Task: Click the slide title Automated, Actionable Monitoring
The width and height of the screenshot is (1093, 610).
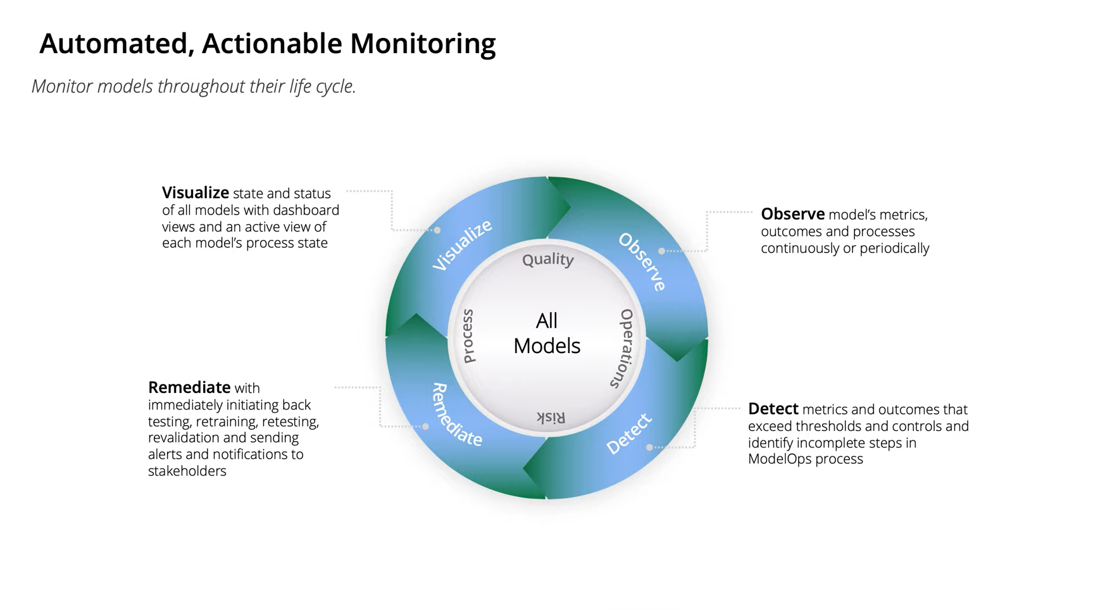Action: (267, 44)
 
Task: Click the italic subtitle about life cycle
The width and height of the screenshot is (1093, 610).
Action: (194, 87)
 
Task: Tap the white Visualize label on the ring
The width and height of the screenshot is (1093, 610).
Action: (462, 246)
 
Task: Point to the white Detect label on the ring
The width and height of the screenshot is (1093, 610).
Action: (628, 434)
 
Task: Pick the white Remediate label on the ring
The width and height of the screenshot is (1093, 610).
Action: (456, 415)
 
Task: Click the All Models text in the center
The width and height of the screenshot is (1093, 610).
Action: (547, 333)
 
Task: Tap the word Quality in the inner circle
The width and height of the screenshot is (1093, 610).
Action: (547, 259)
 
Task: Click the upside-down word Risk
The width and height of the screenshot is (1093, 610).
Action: (551, 417)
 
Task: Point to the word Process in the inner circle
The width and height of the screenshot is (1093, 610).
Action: (468, 336)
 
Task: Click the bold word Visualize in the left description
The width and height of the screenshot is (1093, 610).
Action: (196, 193)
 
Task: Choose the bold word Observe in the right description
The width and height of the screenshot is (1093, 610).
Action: (792, 214)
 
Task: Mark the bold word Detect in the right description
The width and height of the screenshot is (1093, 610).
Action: (773, 409)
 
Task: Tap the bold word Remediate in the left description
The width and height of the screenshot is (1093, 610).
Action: (189, 387)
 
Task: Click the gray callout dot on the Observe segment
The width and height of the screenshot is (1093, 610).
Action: (661, 251)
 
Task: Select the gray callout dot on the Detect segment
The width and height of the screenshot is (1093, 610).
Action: (649, 447)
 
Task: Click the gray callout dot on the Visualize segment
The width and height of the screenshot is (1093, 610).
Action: (437, 230)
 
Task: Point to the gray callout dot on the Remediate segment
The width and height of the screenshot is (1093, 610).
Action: (425, 426)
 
